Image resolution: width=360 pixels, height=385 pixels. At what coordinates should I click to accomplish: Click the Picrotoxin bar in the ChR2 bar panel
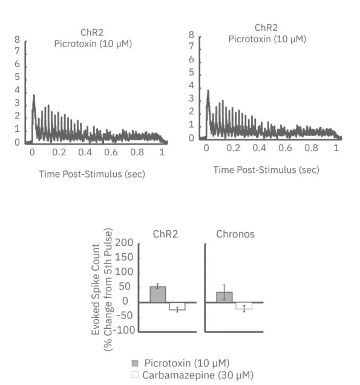click(158, 294)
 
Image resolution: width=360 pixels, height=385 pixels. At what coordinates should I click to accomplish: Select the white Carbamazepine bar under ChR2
click(177, 306)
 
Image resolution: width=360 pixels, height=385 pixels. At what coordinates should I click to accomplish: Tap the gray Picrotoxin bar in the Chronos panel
click(224, 296)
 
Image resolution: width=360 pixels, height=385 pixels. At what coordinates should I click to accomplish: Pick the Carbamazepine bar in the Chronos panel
click(244, 306)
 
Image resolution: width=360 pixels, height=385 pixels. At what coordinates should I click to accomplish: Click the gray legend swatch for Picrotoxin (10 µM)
click(135, 362)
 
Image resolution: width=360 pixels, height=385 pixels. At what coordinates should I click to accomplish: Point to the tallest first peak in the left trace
click(34, 95)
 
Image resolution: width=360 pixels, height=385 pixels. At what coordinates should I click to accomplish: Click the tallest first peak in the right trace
click(208, 91)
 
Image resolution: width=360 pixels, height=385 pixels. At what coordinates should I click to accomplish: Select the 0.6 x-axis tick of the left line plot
click(110, 153)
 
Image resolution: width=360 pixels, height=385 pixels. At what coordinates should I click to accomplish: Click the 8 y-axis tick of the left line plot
click(18, 40)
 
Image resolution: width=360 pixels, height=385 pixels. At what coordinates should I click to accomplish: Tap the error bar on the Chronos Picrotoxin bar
click(224, 293)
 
